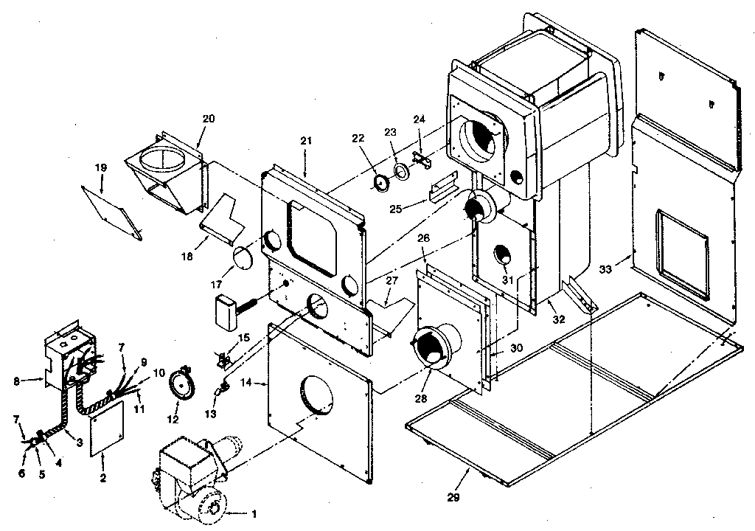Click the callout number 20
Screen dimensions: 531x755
209,119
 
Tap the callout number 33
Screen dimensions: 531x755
605,271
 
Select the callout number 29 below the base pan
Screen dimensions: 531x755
453,497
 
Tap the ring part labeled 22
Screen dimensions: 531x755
382,183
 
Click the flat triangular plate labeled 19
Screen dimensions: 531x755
111,210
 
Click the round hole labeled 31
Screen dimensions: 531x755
505,253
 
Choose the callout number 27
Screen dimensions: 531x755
392,280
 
